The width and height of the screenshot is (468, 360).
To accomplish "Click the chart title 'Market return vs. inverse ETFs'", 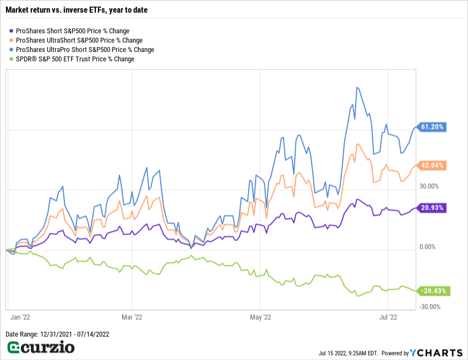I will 77,10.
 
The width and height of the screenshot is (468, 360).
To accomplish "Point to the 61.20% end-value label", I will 432,127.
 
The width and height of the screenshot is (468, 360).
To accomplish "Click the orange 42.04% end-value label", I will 432,165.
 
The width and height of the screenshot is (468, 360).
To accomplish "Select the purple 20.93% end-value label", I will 432,208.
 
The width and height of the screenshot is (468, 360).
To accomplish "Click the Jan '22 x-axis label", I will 21,317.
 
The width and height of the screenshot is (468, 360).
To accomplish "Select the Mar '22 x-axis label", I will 132,317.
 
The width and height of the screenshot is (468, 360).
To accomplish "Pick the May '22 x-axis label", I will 260,317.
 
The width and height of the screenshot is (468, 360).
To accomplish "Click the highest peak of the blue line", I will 357,88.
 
